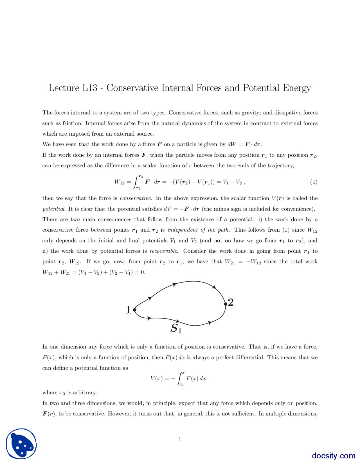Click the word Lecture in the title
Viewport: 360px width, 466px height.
coord(64,88)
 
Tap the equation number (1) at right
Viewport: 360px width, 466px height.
coord(314,182)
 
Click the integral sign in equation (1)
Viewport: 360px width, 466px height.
coord(137,182)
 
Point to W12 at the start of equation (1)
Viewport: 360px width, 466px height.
coord(119,182)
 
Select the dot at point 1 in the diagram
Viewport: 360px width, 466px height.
coord(135,310)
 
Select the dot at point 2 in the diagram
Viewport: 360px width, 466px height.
coord(226,304)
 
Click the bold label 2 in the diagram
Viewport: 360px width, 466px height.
coord(231,302)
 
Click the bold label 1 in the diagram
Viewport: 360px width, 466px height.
coord(129,310)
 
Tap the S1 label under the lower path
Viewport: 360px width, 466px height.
coord(176,328)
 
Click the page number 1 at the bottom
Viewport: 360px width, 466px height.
coord(180,439)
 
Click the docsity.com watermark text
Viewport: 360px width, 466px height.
coord(333,455)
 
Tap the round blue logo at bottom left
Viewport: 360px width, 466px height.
coord(21,444)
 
